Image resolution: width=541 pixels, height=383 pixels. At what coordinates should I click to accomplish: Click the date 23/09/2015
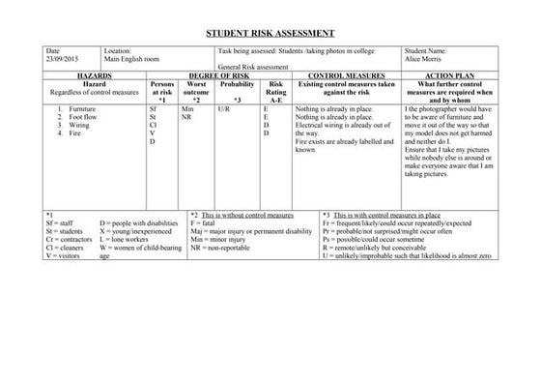[63, 57]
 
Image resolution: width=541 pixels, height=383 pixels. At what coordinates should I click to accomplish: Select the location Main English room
[130, 57]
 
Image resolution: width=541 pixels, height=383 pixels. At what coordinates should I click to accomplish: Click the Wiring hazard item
[78, 126]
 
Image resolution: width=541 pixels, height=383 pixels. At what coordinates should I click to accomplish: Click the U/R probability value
[224, 110]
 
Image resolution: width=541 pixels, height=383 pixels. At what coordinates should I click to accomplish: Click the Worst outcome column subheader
[196, 88]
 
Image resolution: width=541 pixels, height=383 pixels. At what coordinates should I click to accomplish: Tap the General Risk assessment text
[253, 66]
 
